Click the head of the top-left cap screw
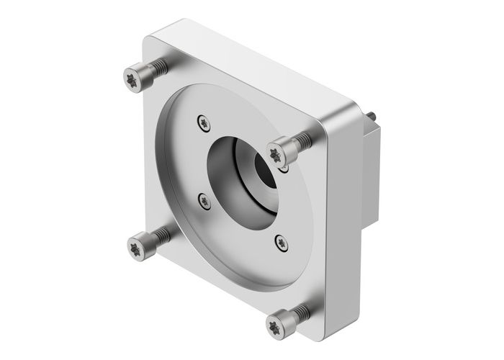[132, 75]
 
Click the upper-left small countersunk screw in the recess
[200, 121]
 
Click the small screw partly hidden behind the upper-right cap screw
[285, 167]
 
